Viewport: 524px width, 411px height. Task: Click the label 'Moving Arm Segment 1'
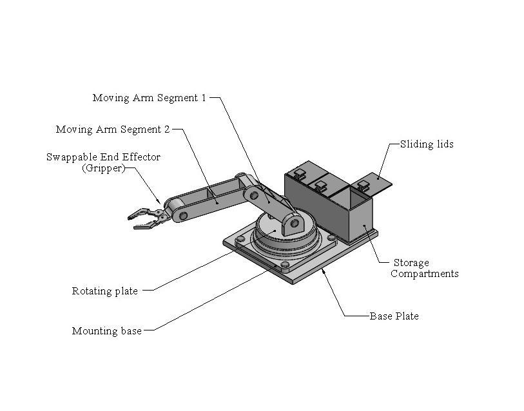(x=149, y=98)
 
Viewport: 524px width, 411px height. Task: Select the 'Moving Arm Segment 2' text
(x=113, y=129)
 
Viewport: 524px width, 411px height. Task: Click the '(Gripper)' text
(x=102, y=169)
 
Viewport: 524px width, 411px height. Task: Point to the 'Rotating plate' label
(x=104, y=291)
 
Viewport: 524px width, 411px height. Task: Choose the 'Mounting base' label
(x=106, y=331)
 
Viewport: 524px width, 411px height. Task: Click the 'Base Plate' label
(x=394, y=316)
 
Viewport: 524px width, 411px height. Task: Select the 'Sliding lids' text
(x=427, y=144)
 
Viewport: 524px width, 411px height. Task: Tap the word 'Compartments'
(x=425, y=274)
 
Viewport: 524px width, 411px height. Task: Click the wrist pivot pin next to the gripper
(x=183, y=215)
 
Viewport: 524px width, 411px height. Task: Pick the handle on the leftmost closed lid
(x=299, y=173)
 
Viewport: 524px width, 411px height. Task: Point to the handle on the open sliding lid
(x=363, y=186)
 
